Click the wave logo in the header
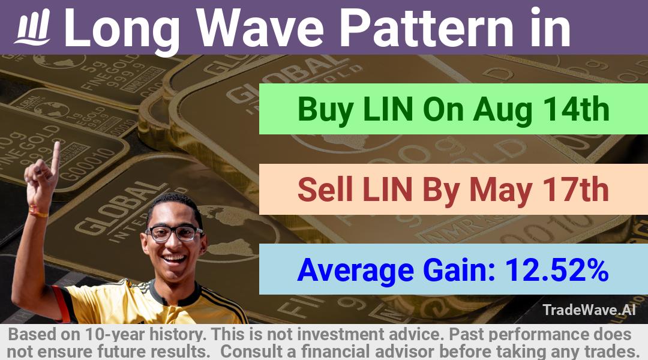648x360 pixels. (x=33, y=26)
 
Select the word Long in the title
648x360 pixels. (x=122, y=31)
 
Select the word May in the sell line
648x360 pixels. (x=500, y=191)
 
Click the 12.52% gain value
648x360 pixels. (x=556, y=270)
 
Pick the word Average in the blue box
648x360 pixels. (x=355, y=271)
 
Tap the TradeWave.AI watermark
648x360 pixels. (x=589, y=310)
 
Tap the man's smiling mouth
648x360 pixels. (x=174, y=260)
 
